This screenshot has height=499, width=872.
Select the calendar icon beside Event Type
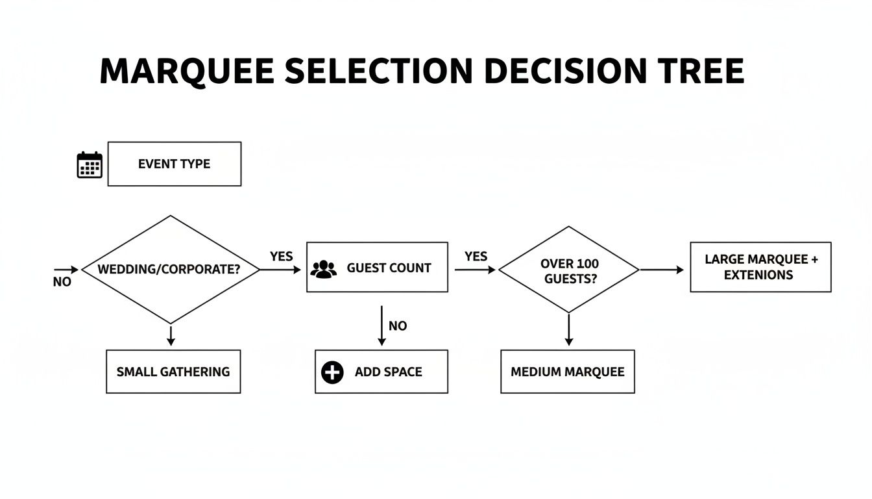tap(90, 164)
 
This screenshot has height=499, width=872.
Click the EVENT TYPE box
tap(174, 164)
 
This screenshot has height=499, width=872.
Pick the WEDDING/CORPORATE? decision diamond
tap(169, 269)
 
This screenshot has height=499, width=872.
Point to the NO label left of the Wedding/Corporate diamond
tap(62, 282)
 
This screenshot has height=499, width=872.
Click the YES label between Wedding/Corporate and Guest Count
tap(282, 256)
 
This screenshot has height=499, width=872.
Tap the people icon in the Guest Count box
tap(323, 268)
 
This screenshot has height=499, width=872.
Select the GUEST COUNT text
tap(389, 268)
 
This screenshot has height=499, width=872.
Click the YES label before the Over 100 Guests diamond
tap(476, 256)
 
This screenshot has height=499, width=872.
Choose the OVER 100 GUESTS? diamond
tap(568, 270)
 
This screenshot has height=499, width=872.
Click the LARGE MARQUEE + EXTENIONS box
tap(760, 267)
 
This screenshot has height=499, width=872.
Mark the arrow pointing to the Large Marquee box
tap(662, 270)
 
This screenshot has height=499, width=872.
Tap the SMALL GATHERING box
tap(173, 372)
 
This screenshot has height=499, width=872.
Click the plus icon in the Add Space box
tap(332, 372)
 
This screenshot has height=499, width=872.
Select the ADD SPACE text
tap(388, 372)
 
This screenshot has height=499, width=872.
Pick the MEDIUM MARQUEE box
tap(567, 372)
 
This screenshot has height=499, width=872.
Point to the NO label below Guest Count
tap(398, 326)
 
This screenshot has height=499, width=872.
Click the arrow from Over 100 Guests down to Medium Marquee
tap(569, 330)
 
